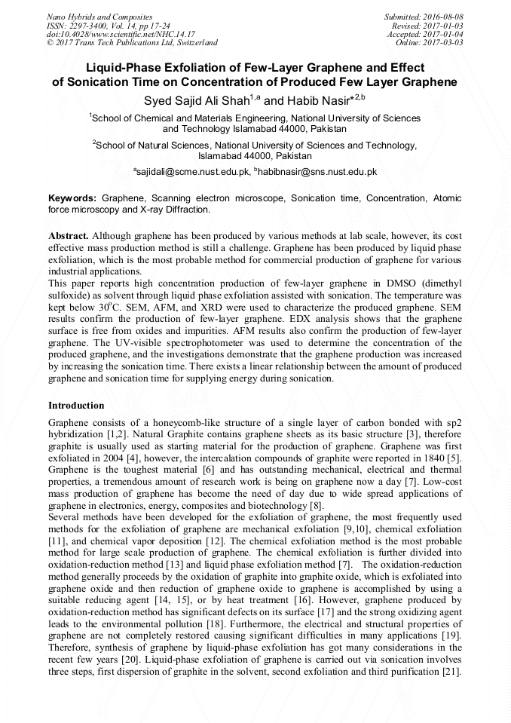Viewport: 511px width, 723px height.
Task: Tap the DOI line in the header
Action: coord(121,34)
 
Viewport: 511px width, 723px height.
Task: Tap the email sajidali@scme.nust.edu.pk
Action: coord(191,173)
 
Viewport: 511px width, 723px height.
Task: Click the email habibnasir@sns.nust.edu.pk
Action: coord(317,173)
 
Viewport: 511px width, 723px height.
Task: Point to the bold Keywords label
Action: coord(72,198)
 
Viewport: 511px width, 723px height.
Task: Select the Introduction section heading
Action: coord(76,405)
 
